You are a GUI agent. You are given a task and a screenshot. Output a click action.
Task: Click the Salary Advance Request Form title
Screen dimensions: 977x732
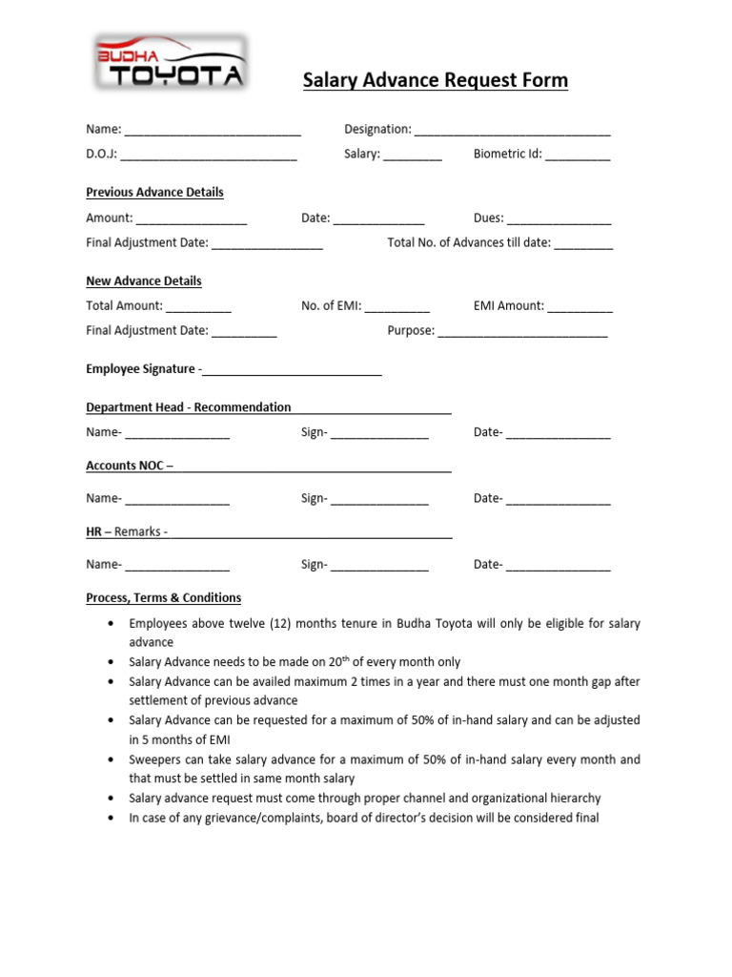[x=435, y=80]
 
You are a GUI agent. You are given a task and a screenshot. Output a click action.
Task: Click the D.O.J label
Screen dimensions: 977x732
[x=101, y=154]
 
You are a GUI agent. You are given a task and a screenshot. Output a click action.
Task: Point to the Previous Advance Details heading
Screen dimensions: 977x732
[x=154, y=192]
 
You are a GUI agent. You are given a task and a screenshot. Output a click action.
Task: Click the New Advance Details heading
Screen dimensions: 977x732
[x=144, y=281]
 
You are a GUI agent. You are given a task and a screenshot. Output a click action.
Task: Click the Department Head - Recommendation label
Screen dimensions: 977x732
[x=189, y=407]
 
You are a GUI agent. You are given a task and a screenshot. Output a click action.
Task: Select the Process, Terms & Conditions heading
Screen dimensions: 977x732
[x=163, y=598]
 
